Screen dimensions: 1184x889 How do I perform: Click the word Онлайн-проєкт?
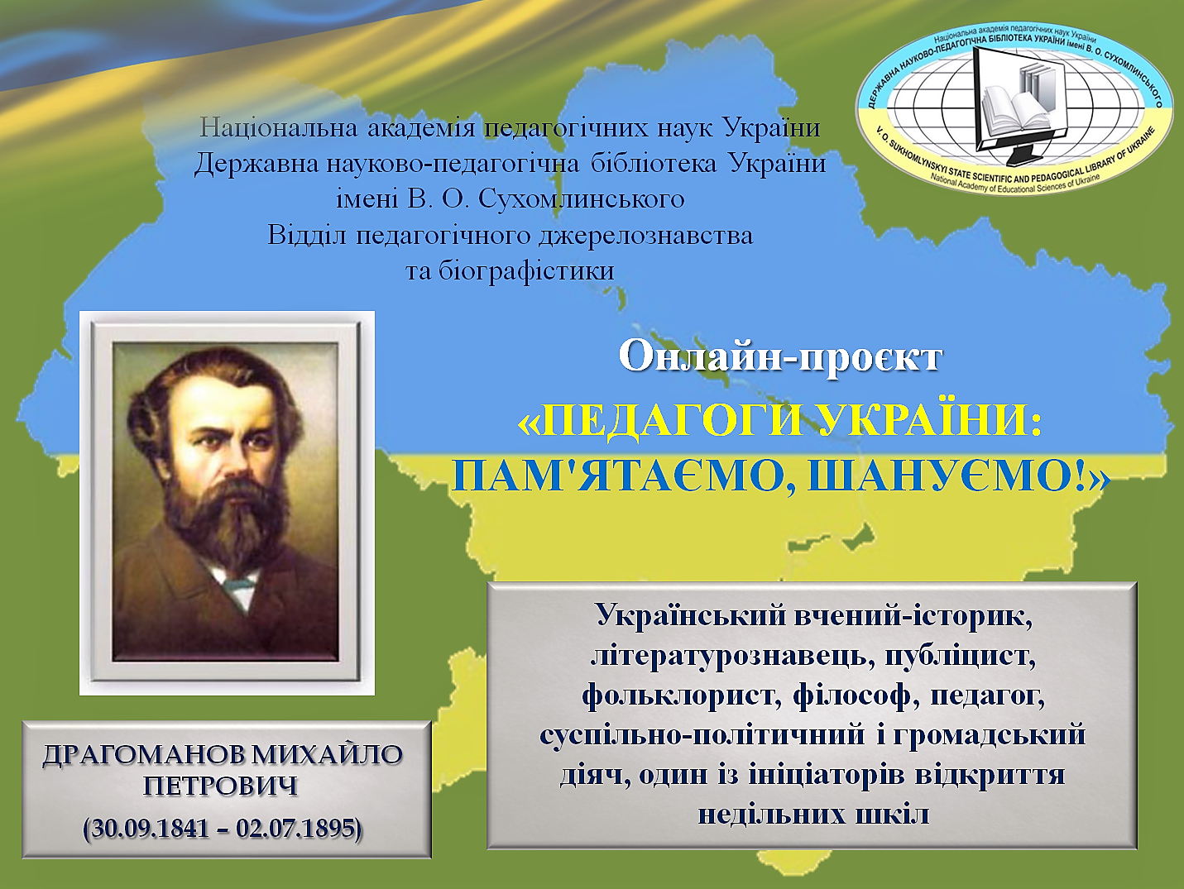point(780,357)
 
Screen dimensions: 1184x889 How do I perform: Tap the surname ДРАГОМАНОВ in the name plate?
point(143,755)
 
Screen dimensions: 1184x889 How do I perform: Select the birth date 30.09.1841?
point(150,828)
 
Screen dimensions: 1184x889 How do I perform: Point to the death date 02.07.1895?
point(295,828)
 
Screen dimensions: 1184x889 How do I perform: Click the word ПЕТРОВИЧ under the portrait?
point(221,786)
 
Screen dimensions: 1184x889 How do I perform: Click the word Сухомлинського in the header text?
point(582,200)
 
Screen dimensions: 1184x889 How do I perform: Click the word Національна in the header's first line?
point(278,128)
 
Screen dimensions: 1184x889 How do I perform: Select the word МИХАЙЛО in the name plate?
point(327,755)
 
